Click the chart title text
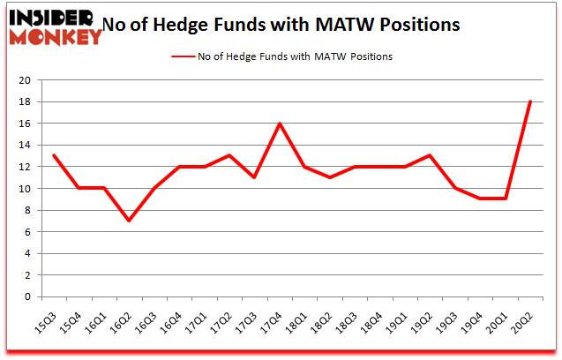click(281, 25)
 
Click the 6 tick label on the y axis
click(27, 232)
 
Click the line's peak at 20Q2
click(529, 101)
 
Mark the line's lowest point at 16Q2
click(130, 221)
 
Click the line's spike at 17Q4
click(280, 124)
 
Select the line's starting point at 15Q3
click(55, 156)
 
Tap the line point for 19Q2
click(430, 156)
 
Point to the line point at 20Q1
click(505, 199)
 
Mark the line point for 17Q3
click(255, 177)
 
